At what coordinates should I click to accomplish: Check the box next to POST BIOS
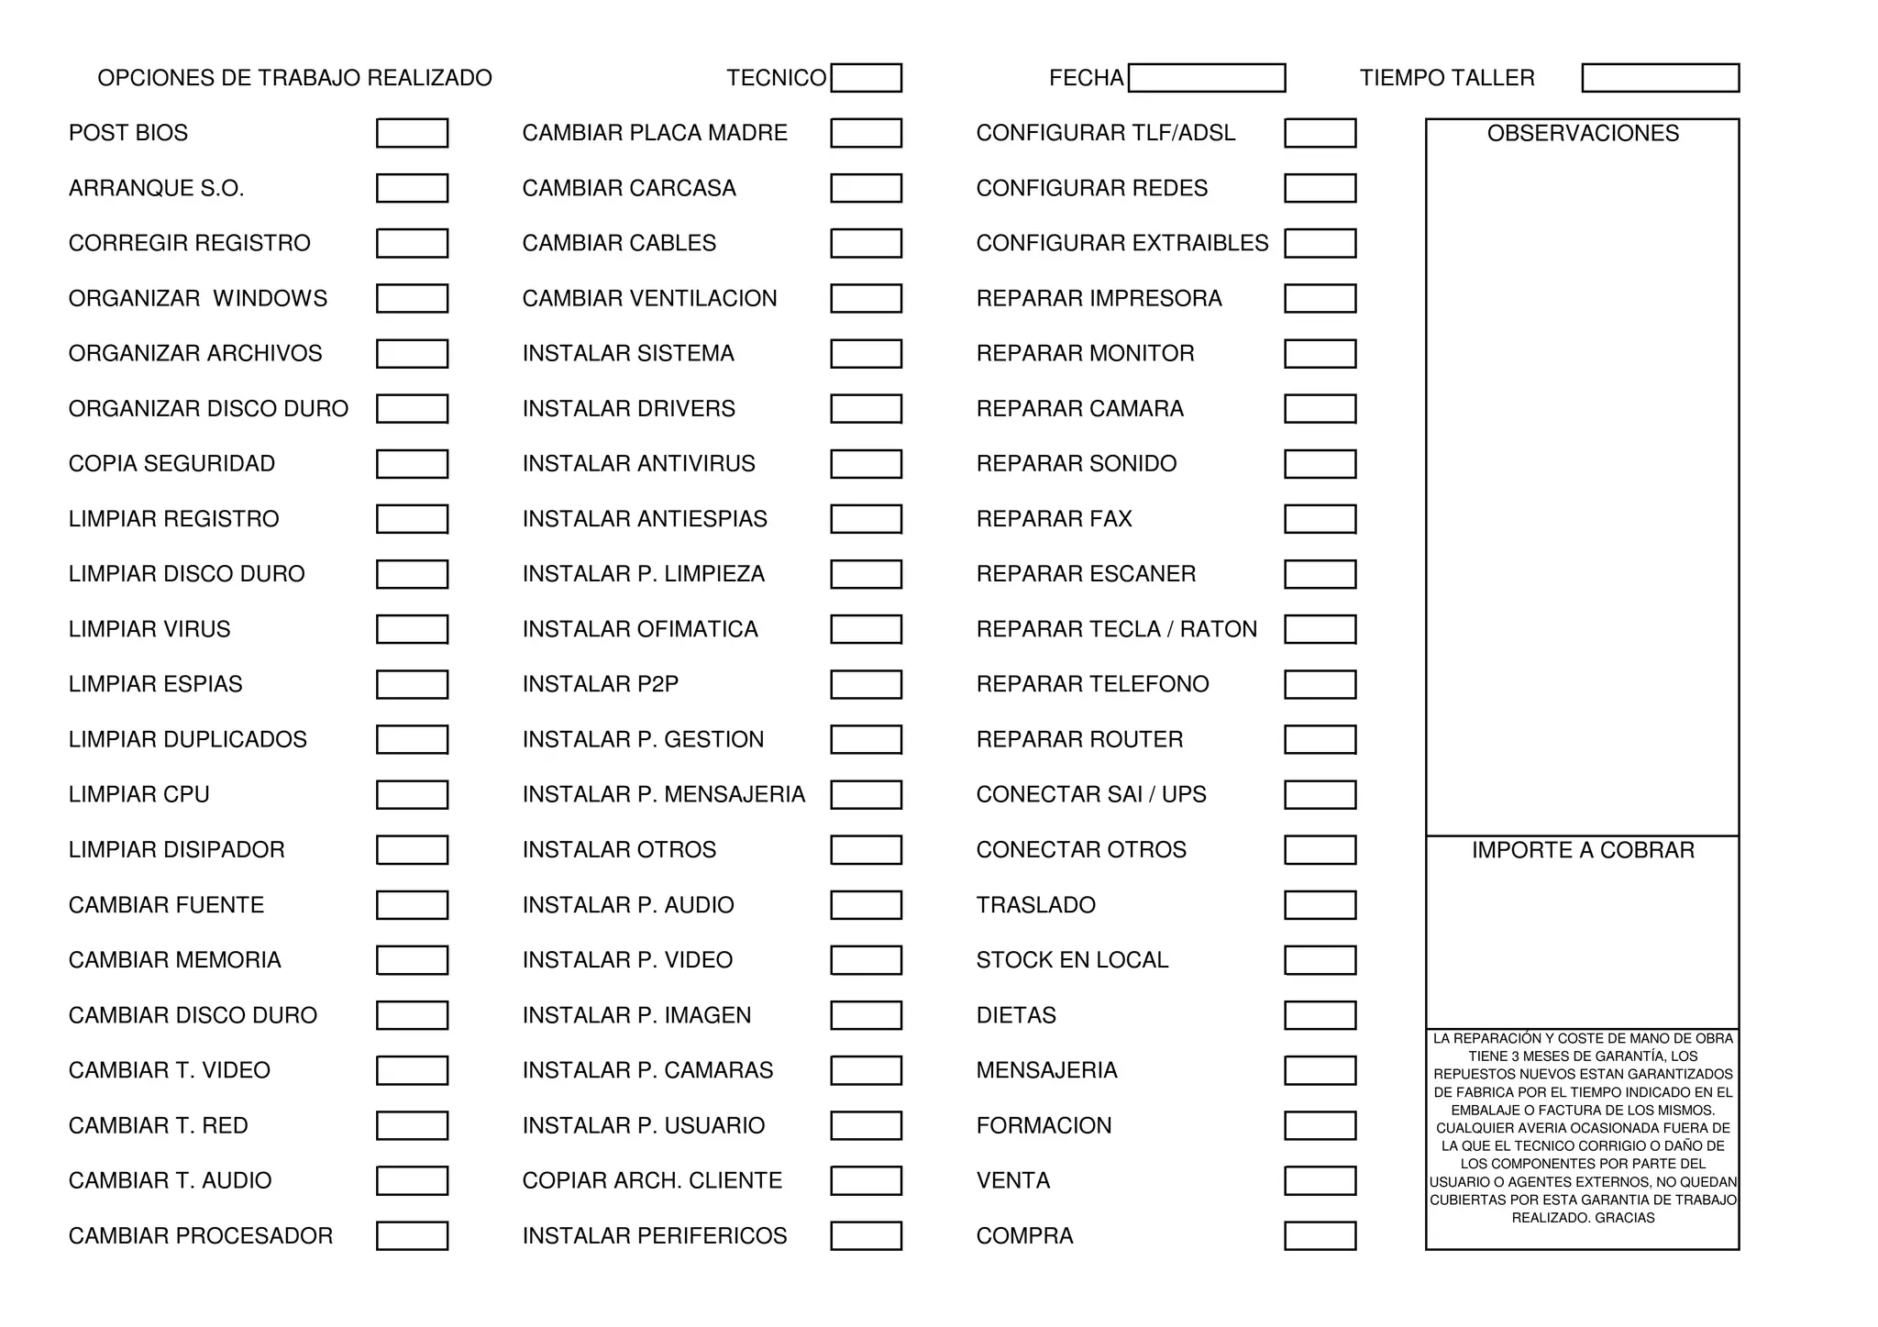coord(412,133)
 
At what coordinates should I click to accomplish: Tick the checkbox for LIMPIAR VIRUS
coord(412,629)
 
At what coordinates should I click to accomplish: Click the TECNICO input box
coord(866,78)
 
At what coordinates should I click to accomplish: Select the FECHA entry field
coord(1206,78)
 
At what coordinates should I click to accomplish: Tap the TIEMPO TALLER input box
coord(1660,78)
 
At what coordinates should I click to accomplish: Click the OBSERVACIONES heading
coord(1583,134)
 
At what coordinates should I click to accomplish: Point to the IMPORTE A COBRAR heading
coord(1583,850)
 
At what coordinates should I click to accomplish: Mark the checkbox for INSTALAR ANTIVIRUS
coord(866,464)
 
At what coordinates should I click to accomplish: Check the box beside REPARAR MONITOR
coord(1320,354)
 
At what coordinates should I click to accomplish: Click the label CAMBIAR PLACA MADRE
coord(655,133)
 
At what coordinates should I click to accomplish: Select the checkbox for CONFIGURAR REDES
coord(1320,188)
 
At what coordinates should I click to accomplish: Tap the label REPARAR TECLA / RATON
coord(1116,629)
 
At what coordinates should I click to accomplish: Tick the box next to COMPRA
coord(1320,1236)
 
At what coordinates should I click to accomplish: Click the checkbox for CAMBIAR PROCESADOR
coord(412,1236)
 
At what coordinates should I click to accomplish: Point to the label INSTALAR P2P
coord(601,684)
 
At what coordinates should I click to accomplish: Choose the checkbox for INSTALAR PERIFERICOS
coord(866,1236)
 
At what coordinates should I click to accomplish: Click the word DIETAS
coord(1016,1015)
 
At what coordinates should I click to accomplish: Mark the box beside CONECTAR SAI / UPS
coord(1320,794)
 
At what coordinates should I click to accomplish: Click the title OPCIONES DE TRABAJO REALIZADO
coord(294,78)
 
